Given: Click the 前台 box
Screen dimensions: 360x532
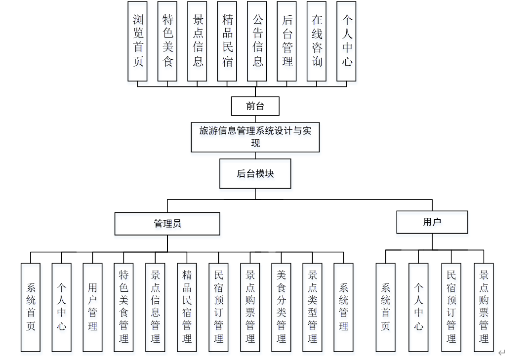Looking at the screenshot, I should click(x=255, y=106).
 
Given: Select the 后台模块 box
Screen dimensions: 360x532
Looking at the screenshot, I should click(x=255, y=173).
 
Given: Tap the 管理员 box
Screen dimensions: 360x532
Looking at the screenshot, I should click(x=167, y=224).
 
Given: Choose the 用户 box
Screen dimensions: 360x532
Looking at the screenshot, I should click(x=432, y=222).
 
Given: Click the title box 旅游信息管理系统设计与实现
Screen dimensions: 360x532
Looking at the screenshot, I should click(x=255, y=137).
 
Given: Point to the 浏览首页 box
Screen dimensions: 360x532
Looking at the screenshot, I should click(x=138, y=41).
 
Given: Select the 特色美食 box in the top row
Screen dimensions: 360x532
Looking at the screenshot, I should click(x=167, y=41).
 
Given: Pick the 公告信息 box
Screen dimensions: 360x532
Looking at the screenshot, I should click(x=257, y=41).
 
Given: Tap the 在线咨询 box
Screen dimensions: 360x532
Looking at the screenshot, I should click(x=317, y=41).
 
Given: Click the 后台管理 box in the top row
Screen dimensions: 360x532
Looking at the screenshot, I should click(x=287, y=41).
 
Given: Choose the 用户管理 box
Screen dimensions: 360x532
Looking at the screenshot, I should click(x=92, y=307).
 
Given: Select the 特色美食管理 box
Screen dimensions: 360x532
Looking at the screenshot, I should click(x=123, y=307).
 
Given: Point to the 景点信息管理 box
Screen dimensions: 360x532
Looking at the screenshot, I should click(x=155, y=307).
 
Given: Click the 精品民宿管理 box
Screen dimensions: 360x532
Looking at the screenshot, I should click(x=187, y=307).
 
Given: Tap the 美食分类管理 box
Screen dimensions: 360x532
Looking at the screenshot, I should click(x=281, y=307).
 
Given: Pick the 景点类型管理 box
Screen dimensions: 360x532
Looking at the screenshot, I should click(x=312, y=307).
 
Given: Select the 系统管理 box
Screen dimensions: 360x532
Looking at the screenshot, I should click(x=344, y=307).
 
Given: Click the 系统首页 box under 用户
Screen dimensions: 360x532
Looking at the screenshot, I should click(x=385, y=307).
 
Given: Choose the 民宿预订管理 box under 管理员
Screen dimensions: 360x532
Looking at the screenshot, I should click(x=218, y=307).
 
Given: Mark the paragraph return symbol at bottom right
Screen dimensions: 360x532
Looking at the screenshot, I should click(x=501, y=353).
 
